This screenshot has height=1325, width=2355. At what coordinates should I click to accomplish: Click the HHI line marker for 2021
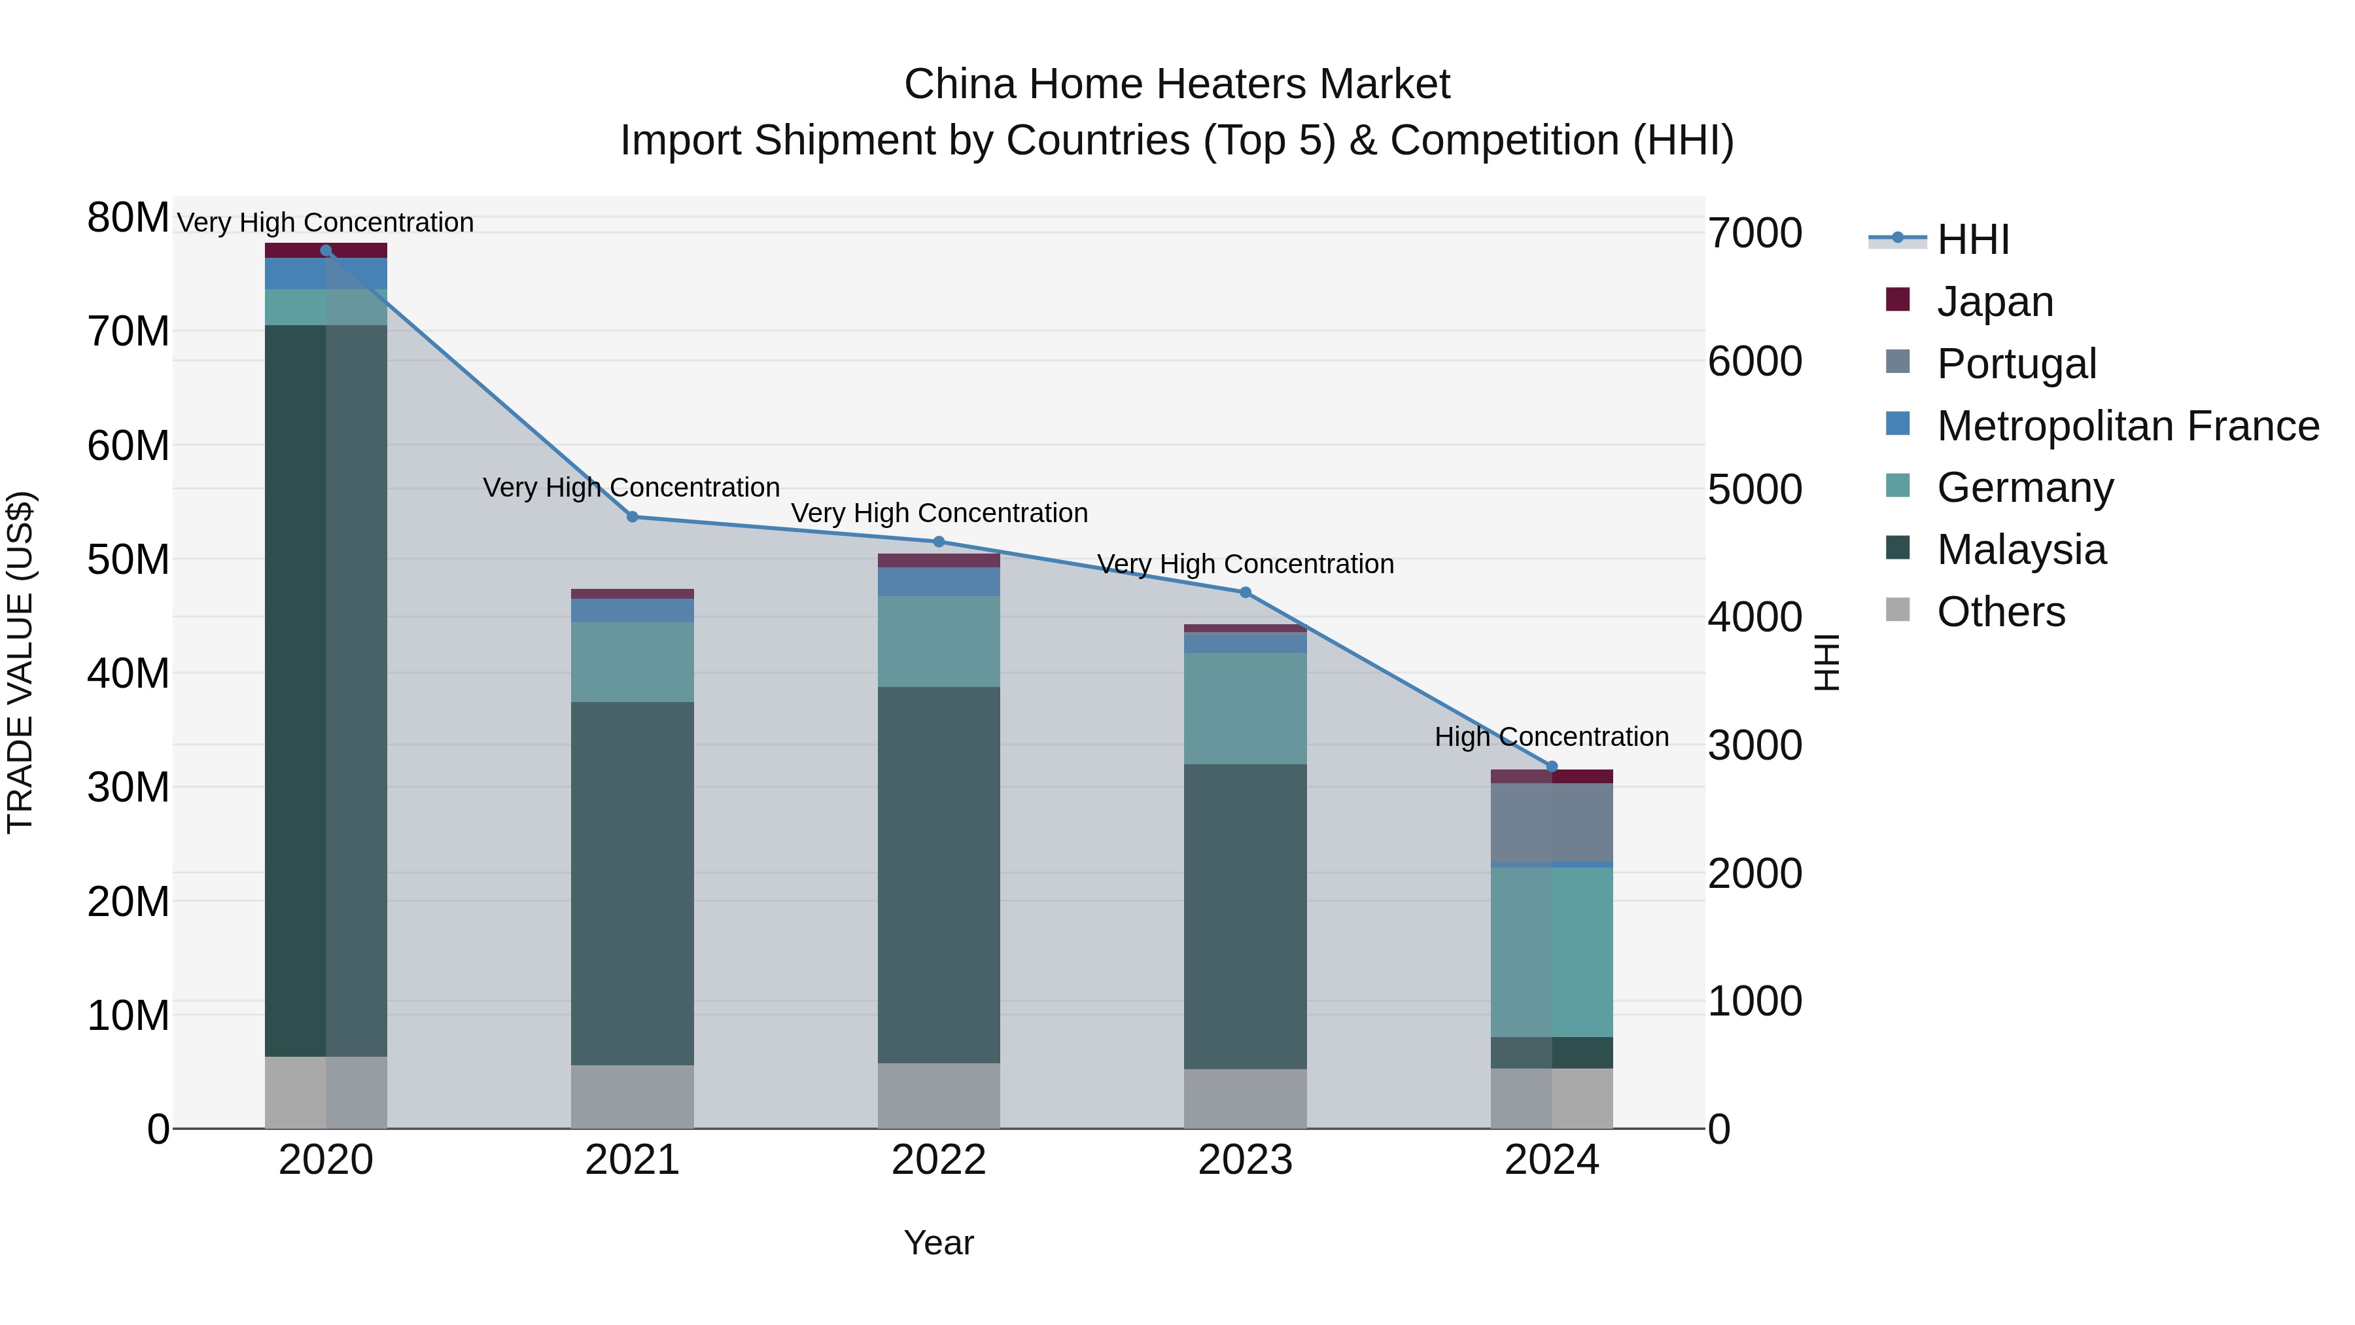click(632, 517)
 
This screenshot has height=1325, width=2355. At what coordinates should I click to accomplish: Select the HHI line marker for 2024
click(1552, 766)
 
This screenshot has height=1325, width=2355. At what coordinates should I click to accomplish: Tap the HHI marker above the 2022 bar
click(938, 541)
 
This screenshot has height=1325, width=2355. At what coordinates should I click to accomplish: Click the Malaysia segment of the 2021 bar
click(632, 883)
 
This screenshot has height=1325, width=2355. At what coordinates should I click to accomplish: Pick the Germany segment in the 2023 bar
click(1244, 708)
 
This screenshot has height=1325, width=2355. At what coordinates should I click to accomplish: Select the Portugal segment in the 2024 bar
click(1552, 822)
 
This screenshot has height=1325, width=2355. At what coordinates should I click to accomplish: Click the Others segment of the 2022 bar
click(938, 1095)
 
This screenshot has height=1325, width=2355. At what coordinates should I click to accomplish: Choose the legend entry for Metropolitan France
click(2127, 425)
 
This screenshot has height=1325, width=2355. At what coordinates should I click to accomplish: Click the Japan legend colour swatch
click(1898, 299)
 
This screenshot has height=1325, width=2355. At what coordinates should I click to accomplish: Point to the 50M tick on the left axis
click(128, 559)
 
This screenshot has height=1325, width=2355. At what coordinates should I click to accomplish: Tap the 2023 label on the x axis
click(1244, 1160)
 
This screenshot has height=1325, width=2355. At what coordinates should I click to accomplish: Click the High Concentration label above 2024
click(1552, 736)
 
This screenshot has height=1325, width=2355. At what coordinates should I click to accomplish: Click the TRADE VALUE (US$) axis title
click(20, 662)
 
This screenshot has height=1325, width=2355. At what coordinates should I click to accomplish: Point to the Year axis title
click(938, 1243)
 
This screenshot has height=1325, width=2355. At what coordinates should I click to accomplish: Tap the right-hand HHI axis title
click(1826, 662)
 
